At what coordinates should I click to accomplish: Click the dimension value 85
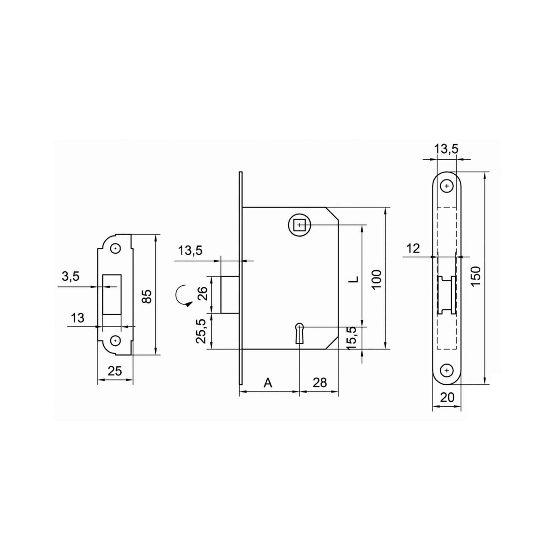[x=147, y=296]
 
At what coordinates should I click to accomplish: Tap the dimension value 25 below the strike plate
[x=114, y=371]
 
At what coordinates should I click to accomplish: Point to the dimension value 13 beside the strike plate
[x=77, y=318]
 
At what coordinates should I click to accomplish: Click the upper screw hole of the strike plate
[x=115, y=249]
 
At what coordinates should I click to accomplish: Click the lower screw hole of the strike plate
[x=115, y=340]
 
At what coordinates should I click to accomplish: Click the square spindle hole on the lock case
[x=299, y=224]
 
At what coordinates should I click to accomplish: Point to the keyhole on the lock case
[x=299, y=332]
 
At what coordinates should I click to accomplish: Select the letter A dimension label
[x=268, y=383]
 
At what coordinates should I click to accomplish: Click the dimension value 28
[x=320, y=382]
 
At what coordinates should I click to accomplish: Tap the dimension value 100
[x=377, y=279]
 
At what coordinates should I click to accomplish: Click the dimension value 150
[x=476, y=276]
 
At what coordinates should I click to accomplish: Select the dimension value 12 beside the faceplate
[x=413, y=249]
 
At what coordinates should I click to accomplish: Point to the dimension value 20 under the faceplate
[x=447, y=397]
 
